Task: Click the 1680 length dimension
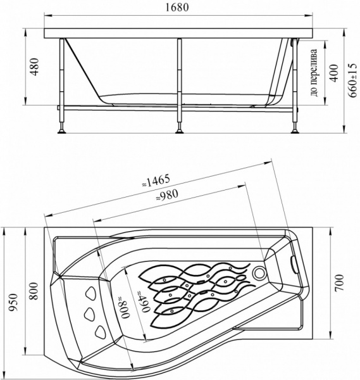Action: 177,8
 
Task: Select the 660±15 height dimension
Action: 353,80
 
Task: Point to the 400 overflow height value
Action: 334,73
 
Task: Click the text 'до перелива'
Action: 314,73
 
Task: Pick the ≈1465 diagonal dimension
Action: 156,181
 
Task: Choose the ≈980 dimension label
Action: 167,195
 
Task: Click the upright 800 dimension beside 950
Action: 34,291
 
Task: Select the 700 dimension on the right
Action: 340,283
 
